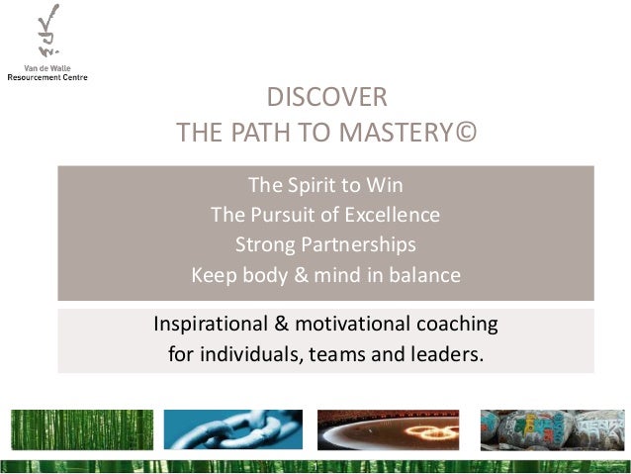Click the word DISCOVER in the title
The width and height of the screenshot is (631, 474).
[x=326, y=98]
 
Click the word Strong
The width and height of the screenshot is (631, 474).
[x=265, y=243]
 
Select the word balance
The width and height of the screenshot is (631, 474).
[x=422, y=274]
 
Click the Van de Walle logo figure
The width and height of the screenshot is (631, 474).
[x=45, y=35]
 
